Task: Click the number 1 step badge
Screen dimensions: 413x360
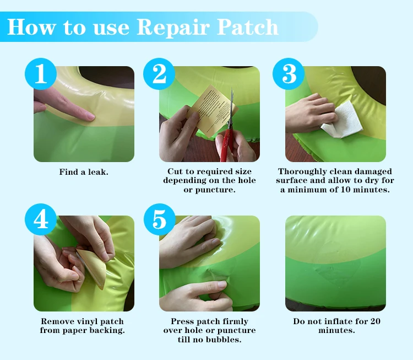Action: click(41, 74)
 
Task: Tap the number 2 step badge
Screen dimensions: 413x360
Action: click(159, 74)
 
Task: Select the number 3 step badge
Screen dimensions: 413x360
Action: click(289, 74)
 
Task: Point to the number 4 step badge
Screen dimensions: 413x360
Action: click(41, 219)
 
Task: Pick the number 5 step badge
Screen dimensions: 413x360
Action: click(159, 219)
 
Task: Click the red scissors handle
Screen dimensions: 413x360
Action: click(226, 144)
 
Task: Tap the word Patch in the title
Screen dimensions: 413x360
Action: click(248, 26)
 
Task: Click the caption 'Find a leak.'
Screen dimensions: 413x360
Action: click(84, 172)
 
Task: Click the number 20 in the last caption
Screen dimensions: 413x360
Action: click(376, 321)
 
